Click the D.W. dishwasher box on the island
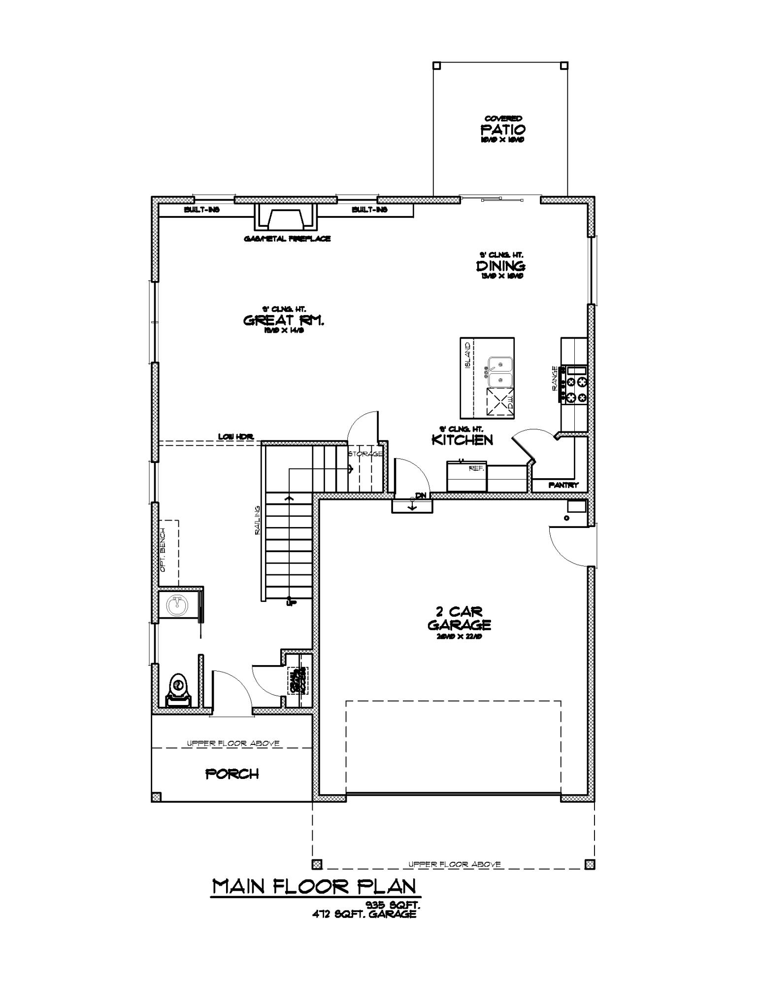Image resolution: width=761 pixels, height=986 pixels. tap(499, 402)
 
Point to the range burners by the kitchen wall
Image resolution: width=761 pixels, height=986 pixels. tap(577, 389)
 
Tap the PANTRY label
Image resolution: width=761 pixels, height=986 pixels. tap(563, 485)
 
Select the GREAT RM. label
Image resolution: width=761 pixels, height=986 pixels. tap(284, 320)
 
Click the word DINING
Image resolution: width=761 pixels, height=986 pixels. tap(500, 266)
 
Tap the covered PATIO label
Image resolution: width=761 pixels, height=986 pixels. tap(503, 130)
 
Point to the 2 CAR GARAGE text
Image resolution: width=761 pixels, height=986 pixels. tap(459, 619)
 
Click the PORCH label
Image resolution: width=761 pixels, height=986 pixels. tap(232, 774)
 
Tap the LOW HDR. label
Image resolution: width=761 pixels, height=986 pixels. tap(236, 437)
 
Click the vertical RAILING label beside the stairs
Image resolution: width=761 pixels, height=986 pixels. tap(257, 520)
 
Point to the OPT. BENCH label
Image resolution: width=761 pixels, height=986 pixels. tap(163, 550)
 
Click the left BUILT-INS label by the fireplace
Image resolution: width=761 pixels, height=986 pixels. tap(202, 210)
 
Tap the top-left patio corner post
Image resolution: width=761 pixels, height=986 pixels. tap(436, 65)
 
